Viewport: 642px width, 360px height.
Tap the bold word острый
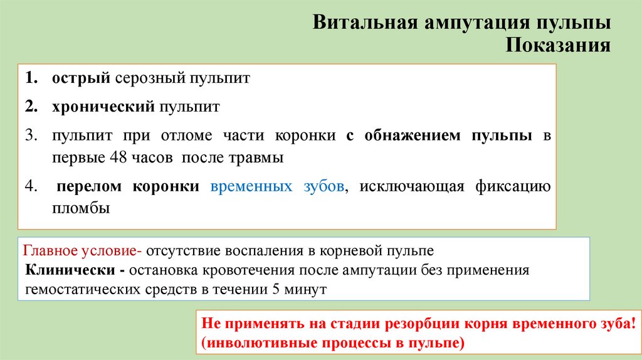(x=82, y=79)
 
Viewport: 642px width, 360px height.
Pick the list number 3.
(x=31, y=135)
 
